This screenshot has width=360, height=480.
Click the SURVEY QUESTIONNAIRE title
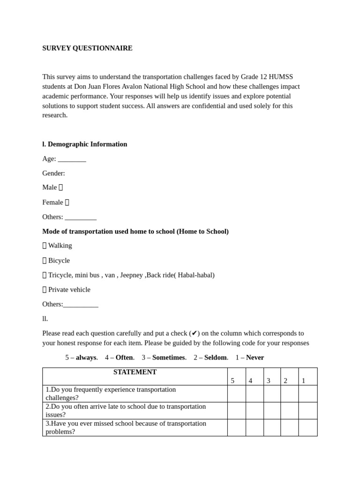click(87, 48)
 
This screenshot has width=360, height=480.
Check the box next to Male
click(61, 187)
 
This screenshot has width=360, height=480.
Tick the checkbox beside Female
click(67, 202)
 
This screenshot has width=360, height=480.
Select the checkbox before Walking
click(45, 246)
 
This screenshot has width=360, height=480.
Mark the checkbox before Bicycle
click(45, 261)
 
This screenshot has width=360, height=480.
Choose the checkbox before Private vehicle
click(45, 290)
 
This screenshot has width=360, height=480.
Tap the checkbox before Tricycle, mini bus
click(45, 275)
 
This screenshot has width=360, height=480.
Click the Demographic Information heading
click(85, 144)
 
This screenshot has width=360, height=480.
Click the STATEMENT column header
click(135, 372)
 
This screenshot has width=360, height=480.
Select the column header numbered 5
click(232, 381)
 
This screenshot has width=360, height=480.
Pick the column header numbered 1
click(303, 381)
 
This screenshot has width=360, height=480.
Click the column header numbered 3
click(268, 381)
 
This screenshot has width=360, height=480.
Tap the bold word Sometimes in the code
click(168, 358)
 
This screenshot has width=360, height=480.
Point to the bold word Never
click(255, 358)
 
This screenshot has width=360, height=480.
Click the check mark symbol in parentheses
click(194, 333)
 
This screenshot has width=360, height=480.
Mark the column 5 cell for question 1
click(237, 394)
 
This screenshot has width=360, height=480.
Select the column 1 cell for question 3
click(308, 427)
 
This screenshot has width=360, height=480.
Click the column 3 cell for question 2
click(272, 411)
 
